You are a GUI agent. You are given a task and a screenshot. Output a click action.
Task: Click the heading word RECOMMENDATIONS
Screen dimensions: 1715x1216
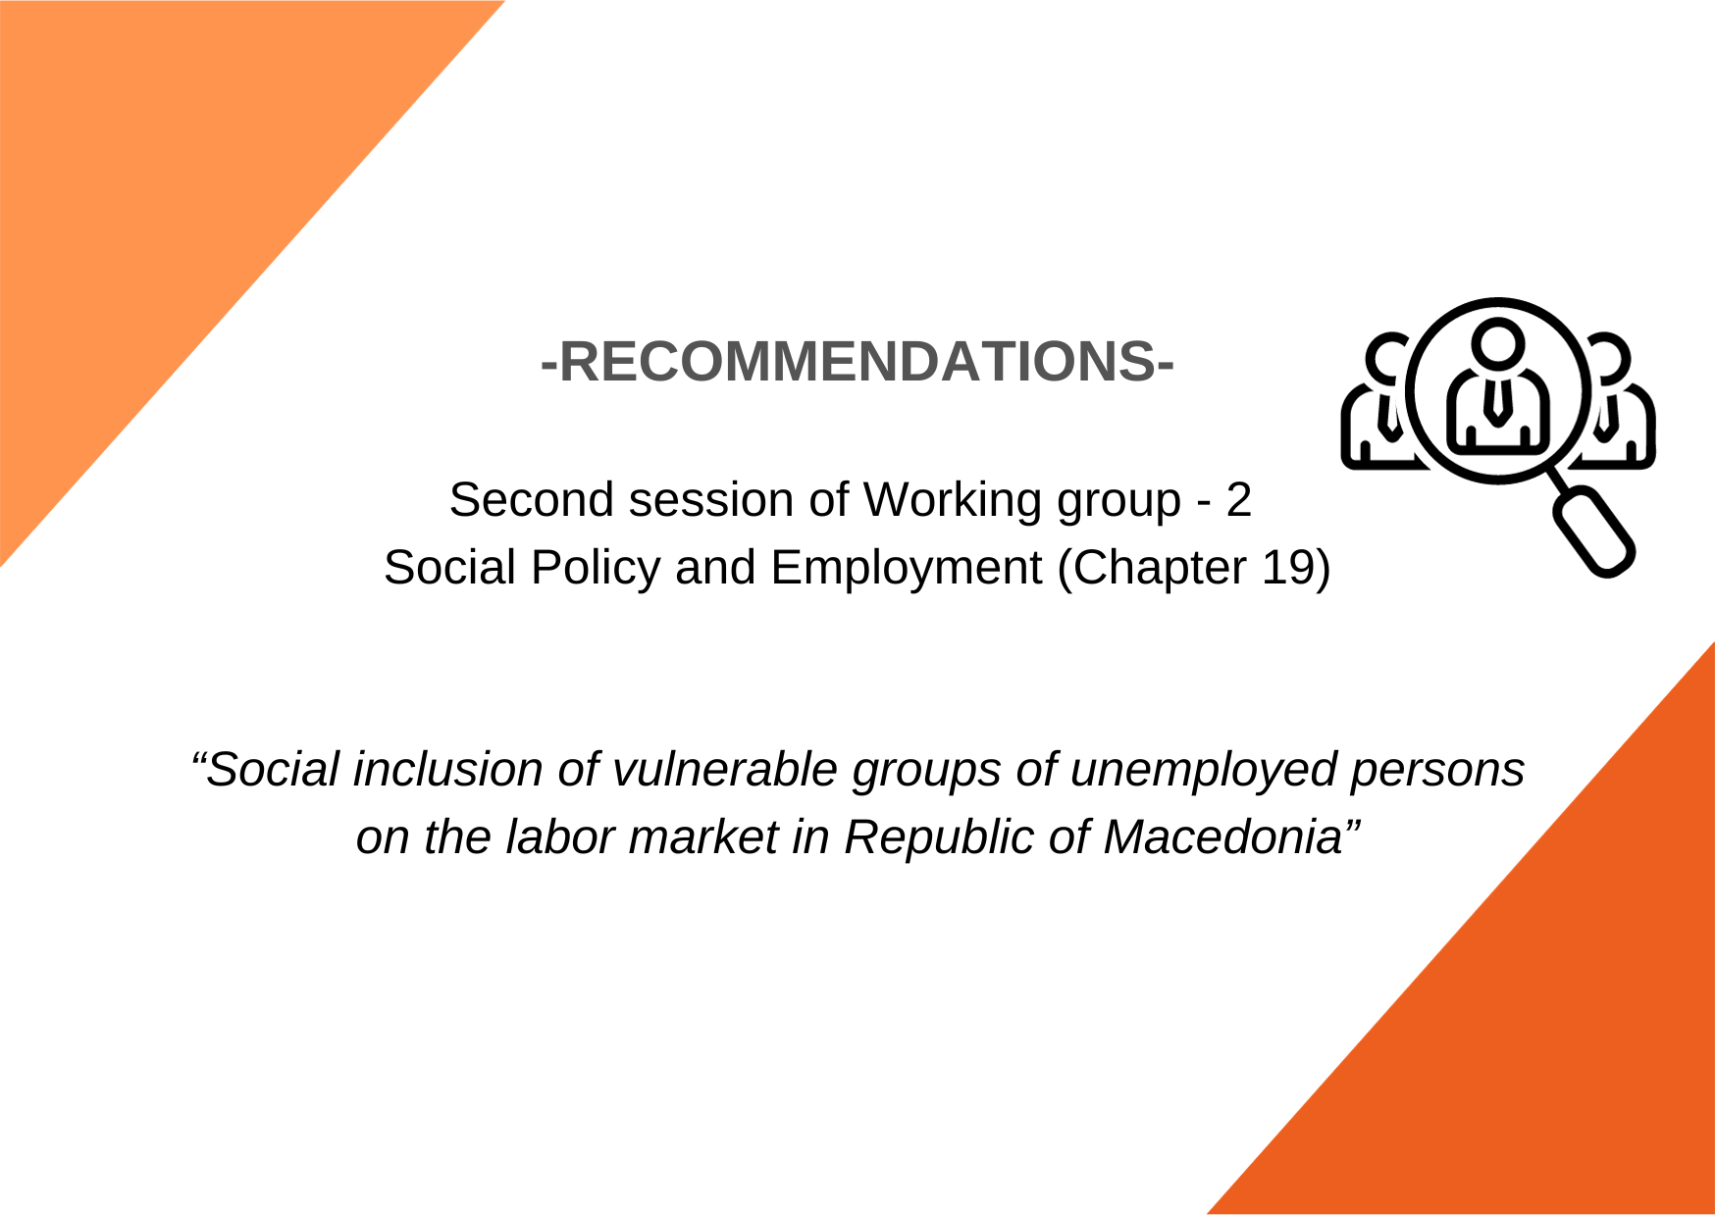pyautogui.click(x=857, y=361)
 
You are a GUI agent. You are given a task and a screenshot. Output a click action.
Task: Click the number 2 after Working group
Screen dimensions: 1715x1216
pyautogui.click(x=1238, y=499)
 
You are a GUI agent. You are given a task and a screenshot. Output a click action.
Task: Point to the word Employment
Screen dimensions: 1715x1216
pyautogui.click(x=906, y=569)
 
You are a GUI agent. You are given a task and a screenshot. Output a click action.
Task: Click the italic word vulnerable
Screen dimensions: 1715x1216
pyautogui.click(x=724, y=769)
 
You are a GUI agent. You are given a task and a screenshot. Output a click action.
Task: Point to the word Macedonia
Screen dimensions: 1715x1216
pyautogui.click(x=1222, y=837)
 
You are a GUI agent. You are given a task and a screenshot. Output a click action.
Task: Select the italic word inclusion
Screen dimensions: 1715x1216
pyautogui.click(x=447, y=769)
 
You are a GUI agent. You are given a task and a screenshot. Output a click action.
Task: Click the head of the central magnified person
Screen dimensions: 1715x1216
pyautogui.click(x=1498, y=342)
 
